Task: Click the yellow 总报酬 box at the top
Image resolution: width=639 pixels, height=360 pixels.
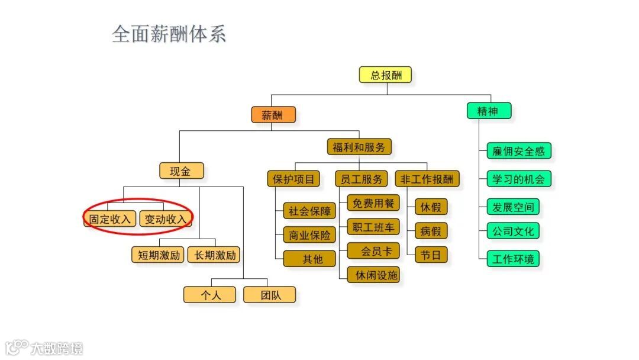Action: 385,75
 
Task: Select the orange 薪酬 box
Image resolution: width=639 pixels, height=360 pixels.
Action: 273,115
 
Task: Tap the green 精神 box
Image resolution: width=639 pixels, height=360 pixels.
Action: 489,111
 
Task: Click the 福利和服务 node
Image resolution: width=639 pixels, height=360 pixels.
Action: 359,147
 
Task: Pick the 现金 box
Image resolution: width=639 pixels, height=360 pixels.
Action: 181,171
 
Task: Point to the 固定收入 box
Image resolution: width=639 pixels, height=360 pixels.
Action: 109,218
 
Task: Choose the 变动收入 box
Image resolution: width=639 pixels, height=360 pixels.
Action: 166,218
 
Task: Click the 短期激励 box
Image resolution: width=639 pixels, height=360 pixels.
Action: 158,255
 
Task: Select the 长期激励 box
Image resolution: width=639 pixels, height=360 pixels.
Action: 215,255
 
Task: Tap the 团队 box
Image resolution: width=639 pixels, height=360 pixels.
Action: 270,295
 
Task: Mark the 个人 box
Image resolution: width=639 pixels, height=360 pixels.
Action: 209,295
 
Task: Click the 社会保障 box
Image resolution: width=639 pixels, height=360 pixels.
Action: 309,211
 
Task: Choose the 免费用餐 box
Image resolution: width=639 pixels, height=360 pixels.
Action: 373,203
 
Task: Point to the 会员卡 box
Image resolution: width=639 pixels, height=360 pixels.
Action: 373,251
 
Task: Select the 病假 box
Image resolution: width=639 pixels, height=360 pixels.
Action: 431,231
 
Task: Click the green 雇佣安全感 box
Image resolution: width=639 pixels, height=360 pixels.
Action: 518,151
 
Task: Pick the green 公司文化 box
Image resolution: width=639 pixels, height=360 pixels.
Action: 513,231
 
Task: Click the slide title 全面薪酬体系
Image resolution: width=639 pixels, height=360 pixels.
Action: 169,34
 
